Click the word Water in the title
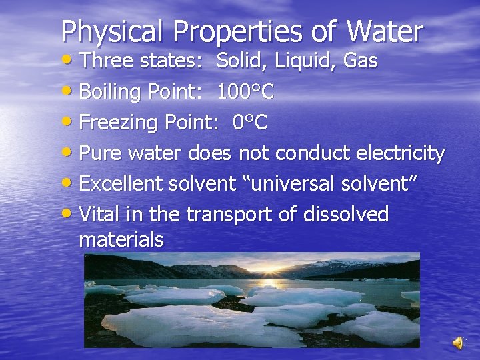[385, 31]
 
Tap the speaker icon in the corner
[458, 343]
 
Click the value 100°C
[245, 92]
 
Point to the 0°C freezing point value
[250, 123]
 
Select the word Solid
[241, 61]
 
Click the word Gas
[360, 61]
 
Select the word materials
[121, 240]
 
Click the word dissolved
[346, 215]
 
